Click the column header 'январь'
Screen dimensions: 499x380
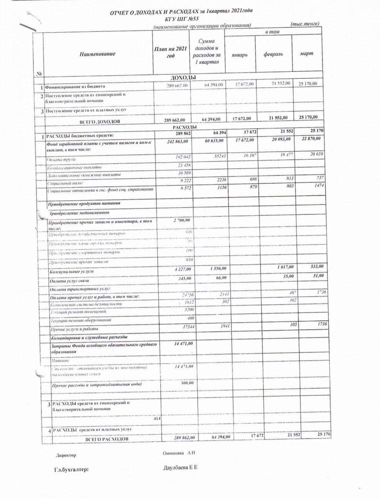click(240, 54)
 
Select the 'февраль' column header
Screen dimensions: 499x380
click(273, 54)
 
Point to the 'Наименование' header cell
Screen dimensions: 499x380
click(97, 54)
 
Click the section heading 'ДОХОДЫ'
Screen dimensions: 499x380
click(184, 78)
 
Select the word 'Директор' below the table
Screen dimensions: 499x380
click(66, 455)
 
